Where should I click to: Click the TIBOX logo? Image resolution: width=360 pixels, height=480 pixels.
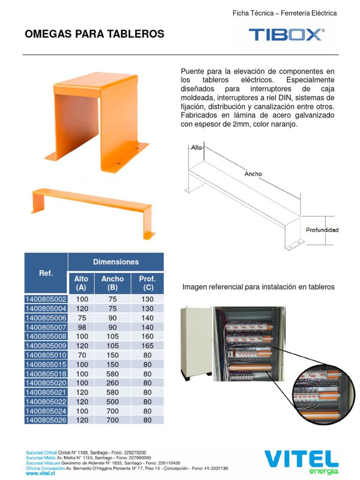click(286, 35)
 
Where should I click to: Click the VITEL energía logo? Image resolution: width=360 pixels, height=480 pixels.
click(301, 462)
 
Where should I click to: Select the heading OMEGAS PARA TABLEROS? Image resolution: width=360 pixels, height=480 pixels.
click(94, 34)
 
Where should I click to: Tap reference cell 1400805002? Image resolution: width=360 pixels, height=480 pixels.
click(46, 299)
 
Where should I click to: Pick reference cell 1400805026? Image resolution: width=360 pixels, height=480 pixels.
click(46, 420)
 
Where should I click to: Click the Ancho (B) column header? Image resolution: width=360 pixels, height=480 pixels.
click(112, 283)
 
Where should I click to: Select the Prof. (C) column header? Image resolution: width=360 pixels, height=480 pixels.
click(147, 283)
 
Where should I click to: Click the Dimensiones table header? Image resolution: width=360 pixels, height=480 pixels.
click(116, 262)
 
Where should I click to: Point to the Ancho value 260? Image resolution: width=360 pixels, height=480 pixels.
click(112, 383)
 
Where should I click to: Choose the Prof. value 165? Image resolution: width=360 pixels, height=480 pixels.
click(147, 346)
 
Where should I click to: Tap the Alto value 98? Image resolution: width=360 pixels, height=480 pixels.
click(81, 327)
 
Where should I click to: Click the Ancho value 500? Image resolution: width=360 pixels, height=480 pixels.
click(112, 402)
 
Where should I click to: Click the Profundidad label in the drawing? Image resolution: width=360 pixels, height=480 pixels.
click(322, 230)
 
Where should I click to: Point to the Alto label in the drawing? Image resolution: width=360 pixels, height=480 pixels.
click(196, 147)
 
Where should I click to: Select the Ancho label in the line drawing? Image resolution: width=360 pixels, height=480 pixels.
click(253, 174)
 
